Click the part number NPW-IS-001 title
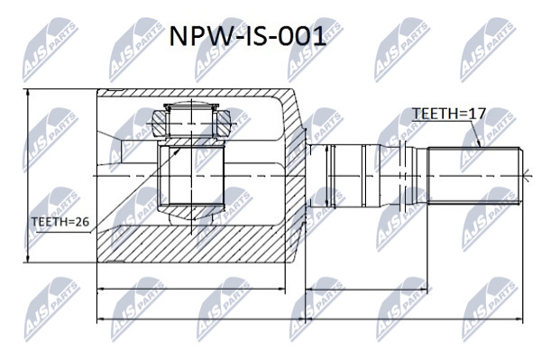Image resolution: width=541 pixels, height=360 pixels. [x=247, y=37]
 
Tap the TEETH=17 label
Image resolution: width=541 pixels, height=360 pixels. [x=449, y=113]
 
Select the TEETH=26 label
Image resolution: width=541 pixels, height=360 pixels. [x=60, y=222]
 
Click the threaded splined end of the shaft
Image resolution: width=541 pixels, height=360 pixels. [x=473, y=176]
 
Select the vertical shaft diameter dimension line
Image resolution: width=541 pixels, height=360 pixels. [x=326, y=176]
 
